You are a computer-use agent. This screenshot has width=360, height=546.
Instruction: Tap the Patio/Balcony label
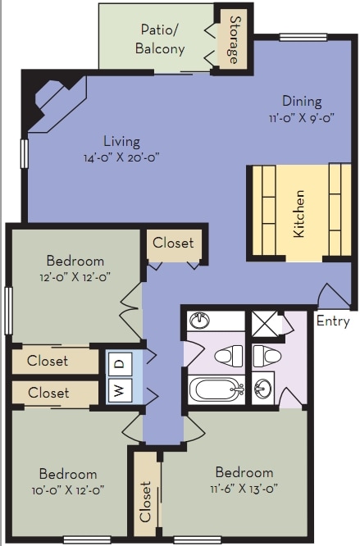click(160, 39)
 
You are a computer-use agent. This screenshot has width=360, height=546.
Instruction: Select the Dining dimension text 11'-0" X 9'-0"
click(301, 118)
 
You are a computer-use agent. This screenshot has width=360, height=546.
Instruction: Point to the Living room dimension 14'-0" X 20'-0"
click(121, 157)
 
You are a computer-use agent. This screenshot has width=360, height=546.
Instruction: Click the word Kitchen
click(298, 214)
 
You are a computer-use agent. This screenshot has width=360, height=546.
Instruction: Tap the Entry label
click(333, 321)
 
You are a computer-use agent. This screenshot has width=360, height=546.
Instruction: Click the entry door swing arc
click(334, 295)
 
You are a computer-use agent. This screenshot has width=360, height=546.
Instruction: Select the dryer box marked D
click(120, 364)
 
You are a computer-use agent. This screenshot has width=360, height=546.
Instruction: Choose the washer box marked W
click(120, 390)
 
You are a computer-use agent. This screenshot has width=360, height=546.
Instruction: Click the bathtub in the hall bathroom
click(216, 389)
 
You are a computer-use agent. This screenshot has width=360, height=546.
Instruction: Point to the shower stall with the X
click(265, 324)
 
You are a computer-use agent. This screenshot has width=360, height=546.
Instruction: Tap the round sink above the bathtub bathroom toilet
click(198, 320)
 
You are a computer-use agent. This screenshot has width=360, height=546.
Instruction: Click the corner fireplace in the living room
click(57, 100)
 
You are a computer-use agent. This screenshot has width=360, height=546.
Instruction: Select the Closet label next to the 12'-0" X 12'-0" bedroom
click(173, 243)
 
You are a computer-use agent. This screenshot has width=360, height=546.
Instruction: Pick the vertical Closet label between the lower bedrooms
click(145, 502)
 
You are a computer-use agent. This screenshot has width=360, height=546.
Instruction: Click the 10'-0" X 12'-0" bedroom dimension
click(68, 490)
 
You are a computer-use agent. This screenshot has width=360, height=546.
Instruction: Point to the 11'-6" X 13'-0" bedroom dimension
click(244, 489)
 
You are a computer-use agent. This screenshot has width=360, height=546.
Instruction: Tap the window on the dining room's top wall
click(303, 37)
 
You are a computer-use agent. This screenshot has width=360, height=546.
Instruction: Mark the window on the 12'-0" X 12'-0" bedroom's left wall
click(8, 311)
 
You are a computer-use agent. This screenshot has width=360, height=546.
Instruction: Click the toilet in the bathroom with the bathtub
click(229, 356)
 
